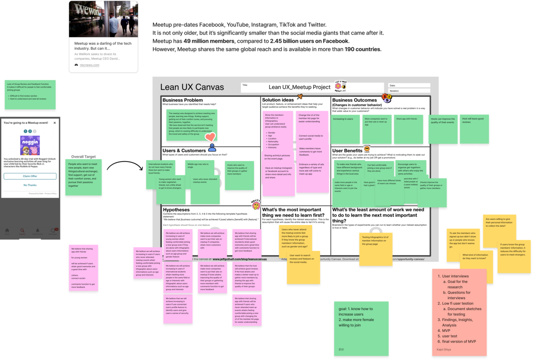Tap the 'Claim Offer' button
pos(30,176)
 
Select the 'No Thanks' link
pos(30,185)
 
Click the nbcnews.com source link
pos(90,65)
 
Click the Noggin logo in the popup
pos(30,145)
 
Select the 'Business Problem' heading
pos(183,100)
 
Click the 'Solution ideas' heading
pos(278,100)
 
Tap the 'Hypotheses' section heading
pos(176,210)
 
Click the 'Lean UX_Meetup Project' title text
pos(299,87)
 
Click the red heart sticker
pos(210,137)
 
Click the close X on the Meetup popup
pos(55,123)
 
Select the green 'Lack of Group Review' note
pos(30,95)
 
